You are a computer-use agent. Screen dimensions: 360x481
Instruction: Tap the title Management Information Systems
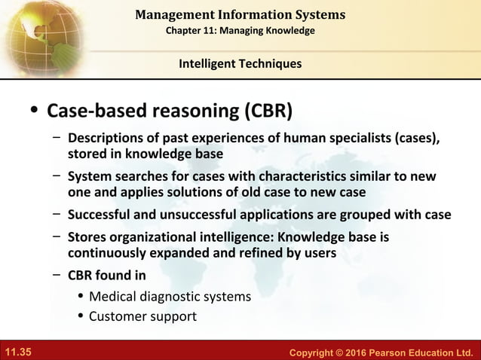(240, 14)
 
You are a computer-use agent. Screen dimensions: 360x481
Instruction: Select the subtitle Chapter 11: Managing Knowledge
(240, 30)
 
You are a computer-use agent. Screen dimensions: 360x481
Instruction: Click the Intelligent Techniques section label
(240, 64)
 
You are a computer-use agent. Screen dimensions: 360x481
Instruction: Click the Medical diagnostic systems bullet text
(170, 296)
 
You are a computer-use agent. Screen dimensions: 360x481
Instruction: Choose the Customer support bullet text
(142, 316)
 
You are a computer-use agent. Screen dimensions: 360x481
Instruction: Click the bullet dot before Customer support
(81, 316)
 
